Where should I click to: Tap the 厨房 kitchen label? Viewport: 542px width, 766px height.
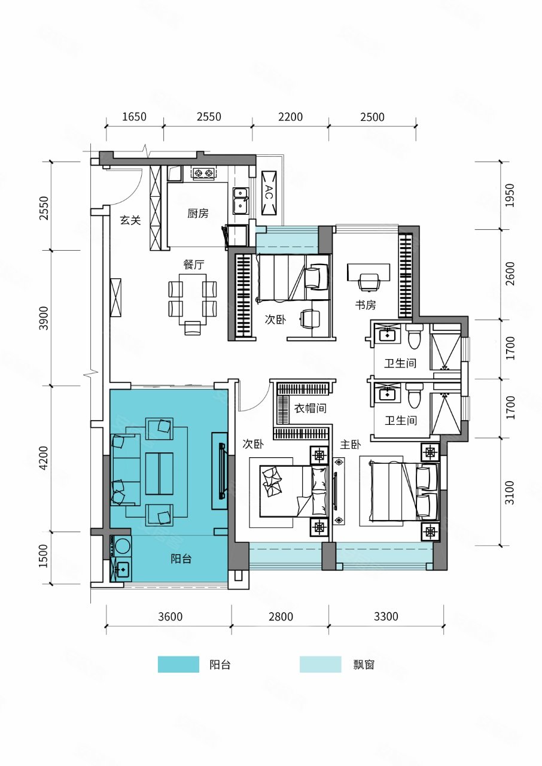click(x=197, y=214)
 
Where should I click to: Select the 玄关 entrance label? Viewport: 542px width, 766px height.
click(x=130, y=221)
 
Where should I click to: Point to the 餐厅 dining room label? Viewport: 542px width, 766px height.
click(x=194, y=264)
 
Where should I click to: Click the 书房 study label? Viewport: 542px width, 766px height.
click(x=365, y=305)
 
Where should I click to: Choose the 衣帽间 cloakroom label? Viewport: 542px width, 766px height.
click(x=310, y=408)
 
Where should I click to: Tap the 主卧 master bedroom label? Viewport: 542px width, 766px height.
click(x=351, y=445)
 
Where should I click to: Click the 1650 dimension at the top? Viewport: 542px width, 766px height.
click(x=134, y=117)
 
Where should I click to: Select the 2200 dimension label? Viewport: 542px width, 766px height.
click(x=290, y=117)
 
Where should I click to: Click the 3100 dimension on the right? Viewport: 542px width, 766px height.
click(x=510, y=492)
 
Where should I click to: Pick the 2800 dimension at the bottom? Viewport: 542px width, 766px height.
click(x=281, y=616)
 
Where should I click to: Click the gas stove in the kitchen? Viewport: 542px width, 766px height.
click(x=203, y=174)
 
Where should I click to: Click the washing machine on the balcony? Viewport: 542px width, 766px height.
click(x=123, y=546)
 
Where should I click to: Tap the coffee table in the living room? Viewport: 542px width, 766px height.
click(x=159, y=473)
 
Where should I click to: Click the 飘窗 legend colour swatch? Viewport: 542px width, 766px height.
click(x=320, y=664)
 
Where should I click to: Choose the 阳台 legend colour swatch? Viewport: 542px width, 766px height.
click(x=178, y=664)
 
